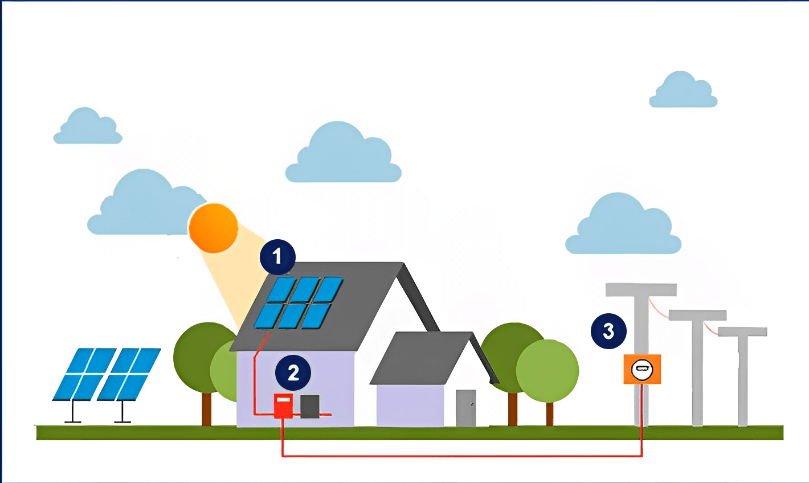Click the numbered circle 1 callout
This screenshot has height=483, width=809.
pos(277,257)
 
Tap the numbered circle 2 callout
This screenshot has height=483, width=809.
pos(293,373)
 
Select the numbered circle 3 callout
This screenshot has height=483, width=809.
pos(608,331)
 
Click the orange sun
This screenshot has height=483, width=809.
pos(214,228)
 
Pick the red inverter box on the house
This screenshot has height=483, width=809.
pos(283,406)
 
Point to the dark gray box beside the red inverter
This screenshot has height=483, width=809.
pos(310,406)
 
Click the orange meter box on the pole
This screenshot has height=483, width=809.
pos(642,369)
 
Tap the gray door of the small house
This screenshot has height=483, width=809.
pos(465,407)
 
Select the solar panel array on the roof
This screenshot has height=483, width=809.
pos(299,302)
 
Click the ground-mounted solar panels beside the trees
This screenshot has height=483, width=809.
pos(107,374)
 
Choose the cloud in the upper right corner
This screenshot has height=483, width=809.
pos(683,91)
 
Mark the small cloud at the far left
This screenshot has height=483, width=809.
pos(88,128)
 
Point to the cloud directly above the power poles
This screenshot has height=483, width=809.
pos(623,226)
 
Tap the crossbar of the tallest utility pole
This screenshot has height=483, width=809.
pos(641,290)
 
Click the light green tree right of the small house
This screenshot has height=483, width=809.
pos(547,370)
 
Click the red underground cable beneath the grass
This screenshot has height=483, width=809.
pos(461,456)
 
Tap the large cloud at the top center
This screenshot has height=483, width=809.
pos(343,155)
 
